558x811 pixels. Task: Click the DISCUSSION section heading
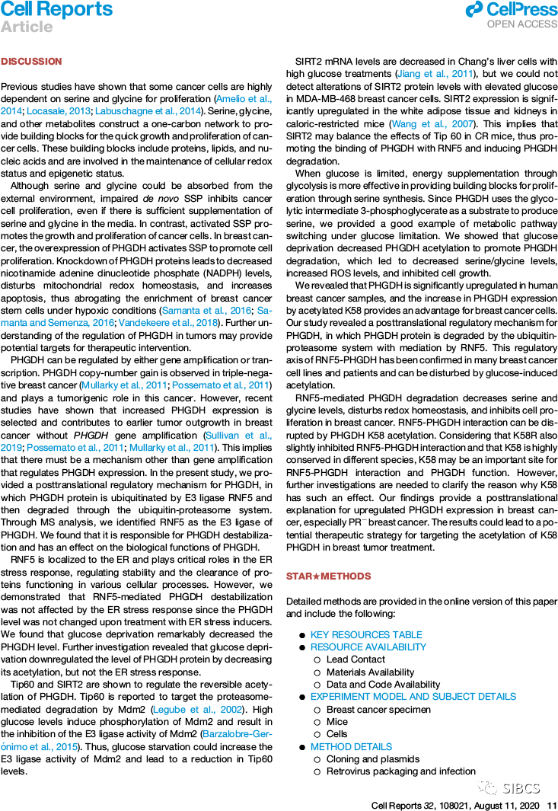(x=31, y=61)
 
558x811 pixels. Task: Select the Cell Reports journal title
(x=56, y=10)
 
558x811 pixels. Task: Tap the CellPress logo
(x=511, y=9)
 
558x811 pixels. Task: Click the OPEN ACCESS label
(x=522, y=24)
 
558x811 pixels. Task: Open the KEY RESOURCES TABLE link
(x=365, y=635)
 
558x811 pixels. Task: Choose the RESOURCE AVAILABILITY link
(x=368, y=647)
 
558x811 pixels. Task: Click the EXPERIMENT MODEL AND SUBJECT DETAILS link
(x=413, y=697)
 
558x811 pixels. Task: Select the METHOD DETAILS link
(x=351, y=747)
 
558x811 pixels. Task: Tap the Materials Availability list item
(x=370, y=672)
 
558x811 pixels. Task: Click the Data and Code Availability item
(x=383, y=685)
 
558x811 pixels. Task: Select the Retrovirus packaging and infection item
(x=400, y=771)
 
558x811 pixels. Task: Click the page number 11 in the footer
(x=552, y=805)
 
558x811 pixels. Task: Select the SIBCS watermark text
(x=521, y=787)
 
